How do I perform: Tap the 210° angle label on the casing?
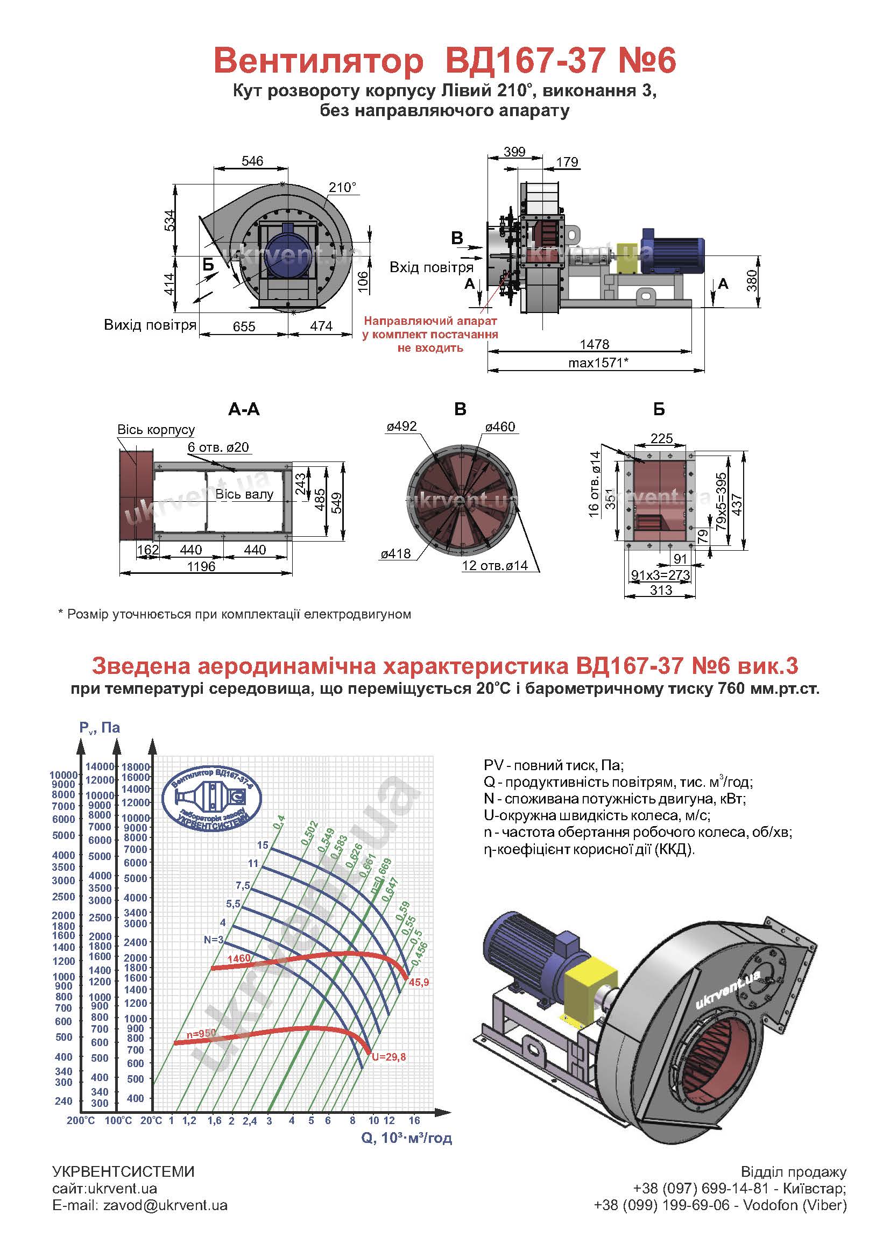coord(343,188)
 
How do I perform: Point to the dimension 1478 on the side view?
coord(595,344)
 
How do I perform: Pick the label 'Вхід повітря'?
coord(432,267)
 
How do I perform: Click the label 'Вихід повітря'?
coord(150,325)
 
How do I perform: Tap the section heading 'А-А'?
coord(244,409)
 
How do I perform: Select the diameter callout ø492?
coord(402,427)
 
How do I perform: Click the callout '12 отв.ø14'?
coord(495,566)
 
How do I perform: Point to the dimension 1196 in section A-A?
coord(201,566)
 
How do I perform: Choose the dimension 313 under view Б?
coord(661,590)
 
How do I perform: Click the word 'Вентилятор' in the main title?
coord(319,61)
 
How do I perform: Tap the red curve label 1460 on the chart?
coord(239,958)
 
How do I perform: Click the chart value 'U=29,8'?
coord(389,1057)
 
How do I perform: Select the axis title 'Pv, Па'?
coord(99,728)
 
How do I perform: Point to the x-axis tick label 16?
coord(414,1120)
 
